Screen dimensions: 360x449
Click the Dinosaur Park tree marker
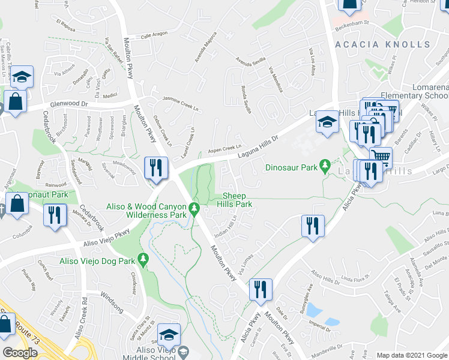pos(325,164)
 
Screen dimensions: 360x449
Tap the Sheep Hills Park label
pos(237,200)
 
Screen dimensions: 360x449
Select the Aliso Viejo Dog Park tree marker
pos(143,259)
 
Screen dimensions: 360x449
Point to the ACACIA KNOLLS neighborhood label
pos(382,44)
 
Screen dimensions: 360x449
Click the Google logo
pos(20,353)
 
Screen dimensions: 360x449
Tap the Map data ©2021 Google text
pos(411,355)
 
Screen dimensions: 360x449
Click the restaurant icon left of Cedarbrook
pos(55,215)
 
